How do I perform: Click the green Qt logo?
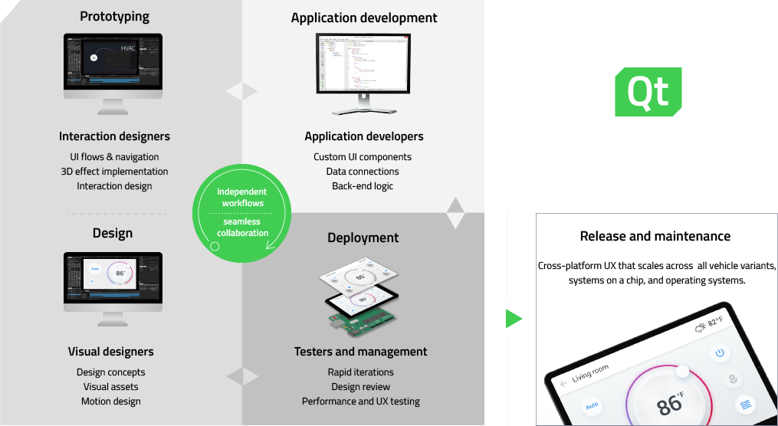tap(648, 93)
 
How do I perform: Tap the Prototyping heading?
tap(114, 16)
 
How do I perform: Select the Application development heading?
tap(364, 18)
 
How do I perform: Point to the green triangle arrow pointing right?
tap(514, 319)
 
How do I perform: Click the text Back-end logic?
tap(363, 186)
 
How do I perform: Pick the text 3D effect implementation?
tap(114, 172)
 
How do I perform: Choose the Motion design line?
tap(111, 401)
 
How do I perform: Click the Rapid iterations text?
tap(361, 372)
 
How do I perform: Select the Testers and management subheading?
tap(361, 352)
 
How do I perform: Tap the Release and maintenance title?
tap(655, 236)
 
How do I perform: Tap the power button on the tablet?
tap(719, 353)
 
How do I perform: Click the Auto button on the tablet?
tap(592, 406)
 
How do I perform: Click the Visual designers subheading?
tap(111, 352)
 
